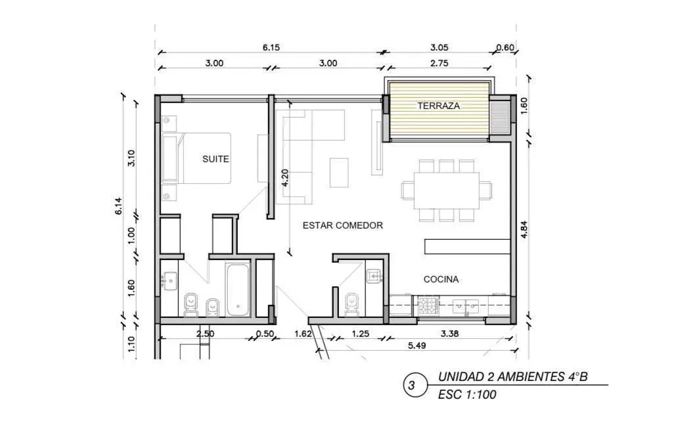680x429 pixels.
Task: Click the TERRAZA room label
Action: pyautogui.click(x=438, y=106)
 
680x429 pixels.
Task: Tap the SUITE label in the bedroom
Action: pyautogui.click(x=215, y=159)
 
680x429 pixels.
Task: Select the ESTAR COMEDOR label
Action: pyautogui.click(x=342, y=225)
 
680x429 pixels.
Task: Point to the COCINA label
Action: pyautogui.click(x=441, y=279)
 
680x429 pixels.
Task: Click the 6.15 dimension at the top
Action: pyautogui.click(x=271, y=47)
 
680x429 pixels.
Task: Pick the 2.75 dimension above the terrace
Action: pyautogui.click(x=440, y=63)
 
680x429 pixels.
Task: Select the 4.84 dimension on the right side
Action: pyautogui.click(x=524, y=229)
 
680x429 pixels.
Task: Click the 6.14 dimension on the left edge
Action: pyautogui.click(x=118, y=206)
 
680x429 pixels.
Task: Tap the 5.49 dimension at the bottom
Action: pyautogui.click(x=417, y=346)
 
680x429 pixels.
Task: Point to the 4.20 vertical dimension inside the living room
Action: pyautogui.click(x=284, y=177)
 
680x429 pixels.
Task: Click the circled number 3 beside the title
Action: pyautogui.click(x=411, y=385)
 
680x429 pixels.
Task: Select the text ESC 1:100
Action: pyautogui.click(x=467, y=395)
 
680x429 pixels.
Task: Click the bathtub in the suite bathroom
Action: pyautogui.click(x=238, y=290)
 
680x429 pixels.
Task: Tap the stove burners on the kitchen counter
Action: pyautogui.click(x=428, y=305)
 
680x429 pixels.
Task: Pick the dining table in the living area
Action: pyautogui.click(x=447, y=191)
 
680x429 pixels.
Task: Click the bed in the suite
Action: pyautogui.click(x=196, y=158)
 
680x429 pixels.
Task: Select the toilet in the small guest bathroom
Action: pyautogui.click(x=351, y=304)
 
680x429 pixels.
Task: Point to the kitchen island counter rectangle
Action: pyautogui.click(x=468, y=246)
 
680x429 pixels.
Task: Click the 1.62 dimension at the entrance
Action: pyautogui.click(x=303, y=334)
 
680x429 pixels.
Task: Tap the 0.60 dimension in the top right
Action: pyautogui.click(x=505, y=47)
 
